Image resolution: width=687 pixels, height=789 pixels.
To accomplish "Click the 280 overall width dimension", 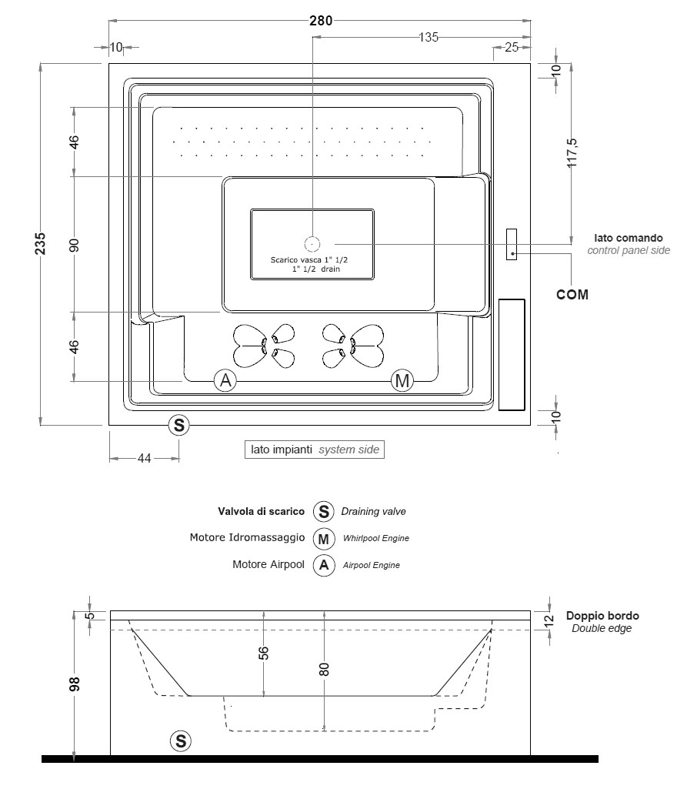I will (321, 20).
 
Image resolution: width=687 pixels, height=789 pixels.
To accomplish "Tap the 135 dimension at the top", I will (429, 36).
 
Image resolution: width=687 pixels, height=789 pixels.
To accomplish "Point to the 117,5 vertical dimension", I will (572, 153).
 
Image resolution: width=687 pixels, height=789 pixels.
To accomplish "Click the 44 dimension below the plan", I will (144, 458).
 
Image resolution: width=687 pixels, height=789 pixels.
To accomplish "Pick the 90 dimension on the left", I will (75, 245).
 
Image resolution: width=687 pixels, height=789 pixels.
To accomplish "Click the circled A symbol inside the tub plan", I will (225, 380).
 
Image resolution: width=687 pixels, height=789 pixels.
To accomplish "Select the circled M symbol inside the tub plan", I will (402, 380).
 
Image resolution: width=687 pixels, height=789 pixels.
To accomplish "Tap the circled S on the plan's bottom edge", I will (179, 424).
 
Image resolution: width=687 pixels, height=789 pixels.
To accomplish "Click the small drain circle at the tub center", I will (312, 245).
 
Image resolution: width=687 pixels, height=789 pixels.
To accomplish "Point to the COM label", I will (573, 294).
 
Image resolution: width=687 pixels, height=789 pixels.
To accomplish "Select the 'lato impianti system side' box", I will (314, 450).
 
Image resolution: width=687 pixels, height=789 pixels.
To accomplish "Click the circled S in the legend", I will (324, 511).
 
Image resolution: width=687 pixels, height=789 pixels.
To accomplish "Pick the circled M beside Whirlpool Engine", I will (324, 537).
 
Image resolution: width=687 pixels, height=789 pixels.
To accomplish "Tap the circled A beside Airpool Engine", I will (324, 565).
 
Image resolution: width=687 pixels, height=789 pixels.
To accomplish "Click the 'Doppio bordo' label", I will (602, 616).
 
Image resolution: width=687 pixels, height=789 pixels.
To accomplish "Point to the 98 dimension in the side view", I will (75, 685).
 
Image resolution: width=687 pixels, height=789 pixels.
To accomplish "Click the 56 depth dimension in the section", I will (263, 653).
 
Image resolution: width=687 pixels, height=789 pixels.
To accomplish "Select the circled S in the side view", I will (180, 741).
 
